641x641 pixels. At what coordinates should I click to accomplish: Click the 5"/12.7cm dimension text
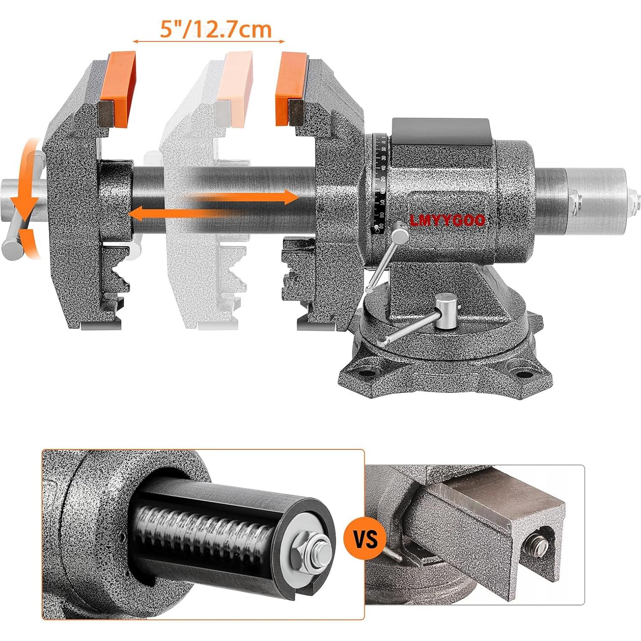point(216,29)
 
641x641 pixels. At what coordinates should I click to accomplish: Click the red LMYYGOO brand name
point(447,220)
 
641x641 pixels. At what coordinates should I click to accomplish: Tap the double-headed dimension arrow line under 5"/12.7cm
point(209,42)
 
